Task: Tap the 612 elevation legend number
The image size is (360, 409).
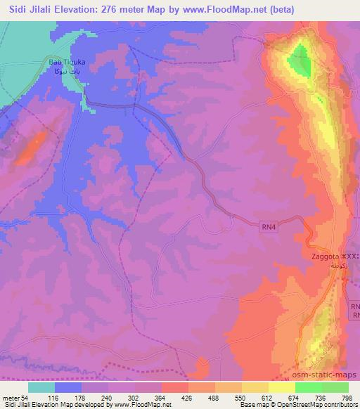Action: [269, 398]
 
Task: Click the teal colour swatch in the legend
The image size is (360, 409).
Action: [41, 387]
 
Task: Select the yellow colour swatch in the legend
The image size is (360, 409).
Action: [281, 387]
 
